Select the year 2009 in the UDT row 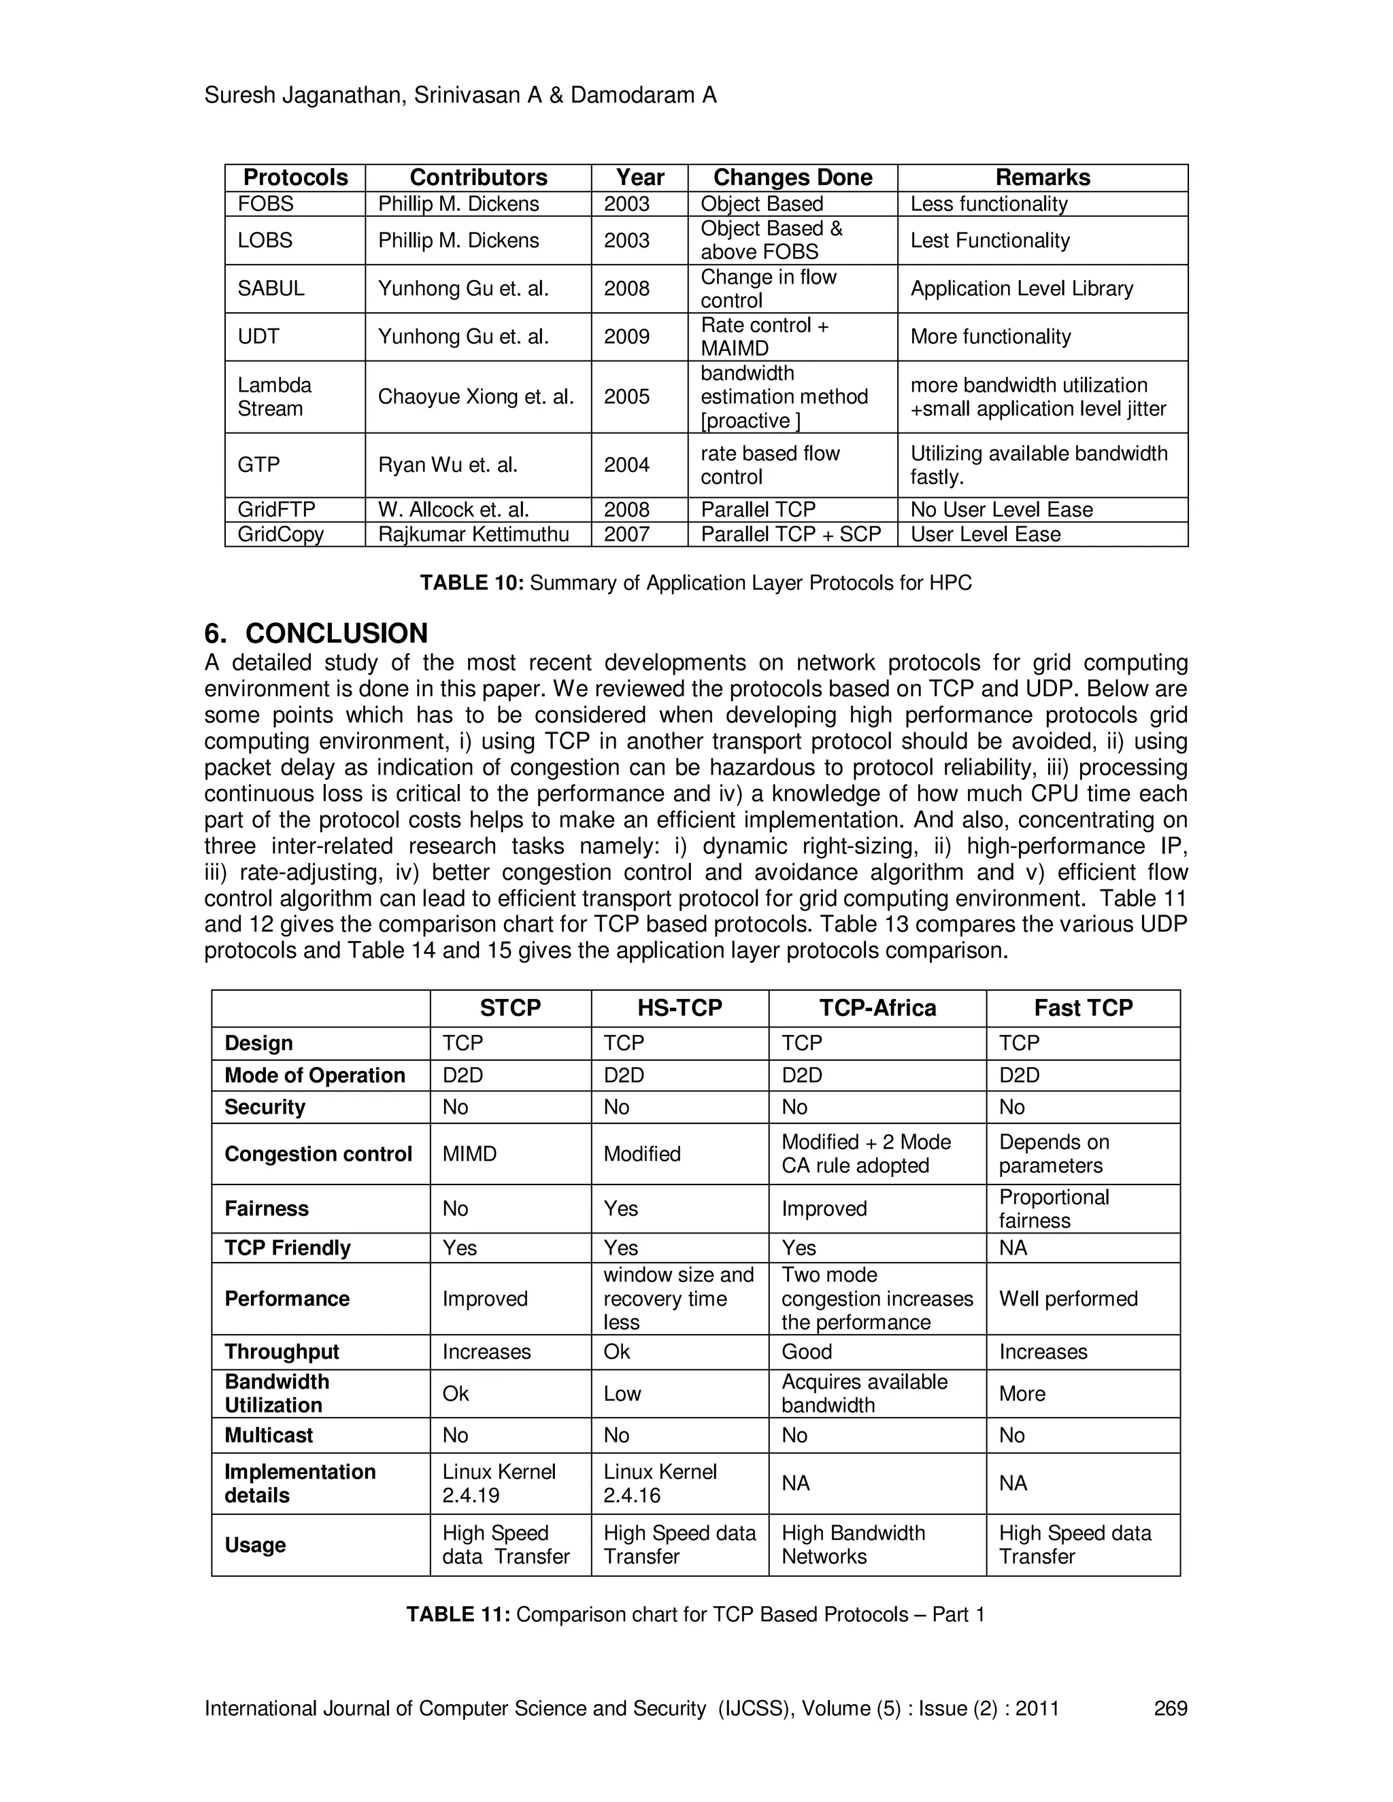626,337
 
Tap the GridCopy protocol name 281,534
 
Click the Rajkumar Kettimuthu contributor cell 473,534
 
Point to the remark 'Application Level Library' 1021,289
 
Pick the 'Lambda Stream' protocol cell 274,397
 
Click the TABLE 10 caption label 471,583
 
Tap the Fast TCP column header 1083,1008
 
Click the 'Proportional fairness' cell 1053,1209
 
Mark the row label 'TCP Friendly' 287,1248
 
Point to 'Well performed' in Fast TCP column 1068,1299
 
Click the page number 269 1169,1708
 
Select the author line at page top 460,96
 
